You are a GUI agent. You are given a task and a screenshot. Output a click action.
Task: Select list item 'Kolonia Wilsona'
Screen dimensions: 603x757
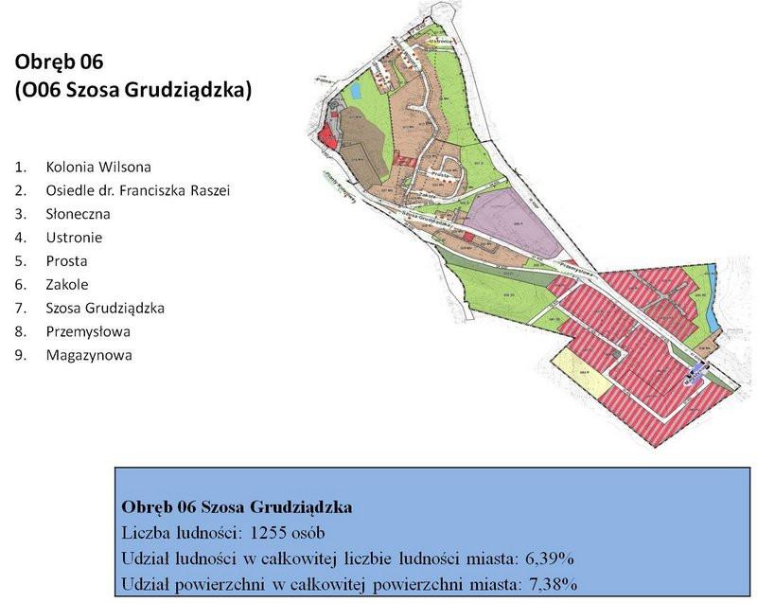(x=97, y=167)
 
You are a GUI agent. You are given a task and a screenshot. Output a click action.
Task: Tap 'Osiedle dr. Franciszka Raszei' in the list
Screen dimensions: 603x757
(x=138, y=190)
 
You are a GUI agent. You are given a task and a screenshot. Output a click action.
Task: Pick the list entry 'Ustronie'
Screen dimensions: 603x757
(x=74, y=238)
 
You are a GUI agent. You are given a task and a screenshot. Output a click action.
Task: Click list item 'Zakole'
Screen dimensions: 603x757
(x=67, y=285)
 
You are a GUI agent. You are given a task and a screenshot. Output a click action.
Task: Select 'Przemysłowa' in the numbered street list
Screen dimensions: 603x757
(x=87, y=332)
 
